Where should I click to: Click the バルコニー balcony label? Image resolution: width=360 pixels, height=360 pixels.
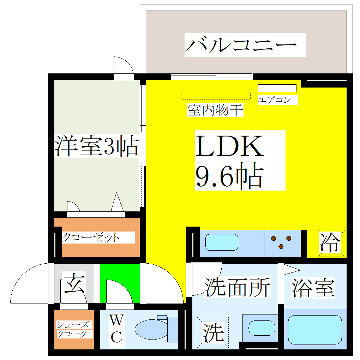[x=241, y=45]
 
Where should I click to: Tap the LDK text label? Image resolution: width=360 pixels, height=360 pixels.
[x=229, y=146]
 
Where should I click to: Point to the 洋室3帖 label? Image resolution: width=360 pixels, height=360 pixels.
[x=97, y=146]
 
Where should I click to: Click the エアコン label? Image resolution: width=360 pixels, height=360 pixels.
[x=275, y=100]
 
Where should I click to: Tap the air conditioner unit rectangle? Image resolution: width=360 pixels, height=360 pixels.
[x=277, y=88]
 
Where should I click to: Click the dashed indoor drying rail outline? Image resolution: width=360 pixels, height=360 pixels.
[x=216, y=96]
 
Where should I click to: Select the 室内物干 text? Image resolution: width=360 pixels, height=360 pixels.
[x=215, y=110]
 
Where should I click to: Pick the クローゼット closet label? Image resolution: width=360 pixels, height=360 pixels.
[x=91, y=238]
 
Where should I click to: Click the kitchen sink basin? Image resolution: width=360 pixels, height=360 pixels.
[x=222, y=242]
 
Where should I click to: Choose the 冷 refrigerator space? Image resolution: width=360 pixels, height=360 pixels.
[x=331, y=243]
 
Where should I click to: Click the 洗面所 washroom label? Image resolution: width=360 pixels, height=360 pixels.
[x=237, y=287]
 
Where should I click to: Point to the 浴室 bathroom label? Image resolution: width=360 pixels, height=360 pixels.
[x=313, y=288]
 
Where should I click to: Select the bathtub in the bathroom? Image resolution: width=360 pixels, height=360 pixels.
[x=315, y=330]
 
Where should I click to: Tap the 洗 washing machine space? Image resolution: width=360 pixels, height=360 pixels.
[x=213, y=332]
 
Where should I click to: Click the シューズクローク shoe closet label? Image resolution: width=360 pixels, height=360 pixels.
[x=73, y=329]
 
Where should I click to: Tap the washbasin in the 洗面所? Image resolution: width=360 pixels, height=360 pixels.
[x=262, y=328]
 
